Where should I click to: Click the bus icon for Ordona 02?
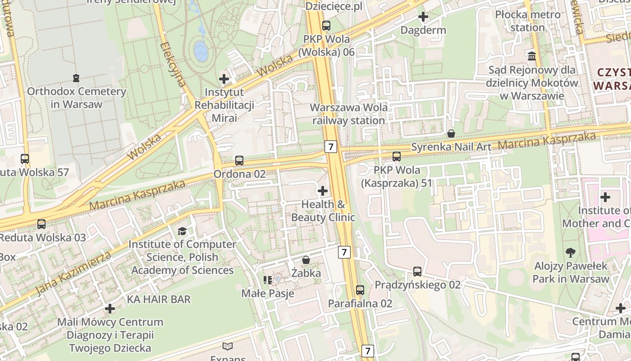(239, 161)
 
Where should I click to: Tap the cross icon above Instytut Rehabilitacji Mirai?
(224, 79)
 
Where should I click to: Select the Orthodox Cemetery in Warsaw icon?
(76, 78)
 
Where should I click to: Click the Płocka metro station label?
(527, 21)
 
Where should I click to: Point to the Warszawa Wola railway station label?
(349, 114)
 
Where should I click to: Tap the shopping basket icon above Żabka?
(306, 260)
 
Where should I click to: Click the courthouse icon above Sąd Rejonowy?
(532, 56)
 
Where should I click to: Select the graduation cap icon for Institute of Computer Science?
(182, 231)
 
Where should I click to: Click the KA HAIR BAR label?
(159, 299)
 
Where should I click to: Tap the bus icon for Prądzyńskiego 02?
(417, 272)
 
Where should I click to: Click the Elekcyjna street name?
(173, 65)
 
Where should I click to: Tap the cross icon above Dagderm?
(423, 17)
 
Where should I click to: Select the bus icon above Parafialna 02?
(360, 290)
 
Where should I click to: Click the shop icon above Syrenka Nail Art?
(451, 134)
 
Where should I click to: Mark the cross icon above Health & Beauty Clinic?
(323, 191)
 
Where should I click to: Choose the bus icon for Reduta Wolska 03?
(41, 224)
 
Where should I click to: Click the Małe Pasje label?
(268, 293)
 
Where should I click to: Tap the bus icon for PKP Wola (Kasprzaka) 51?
(396, 157)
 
